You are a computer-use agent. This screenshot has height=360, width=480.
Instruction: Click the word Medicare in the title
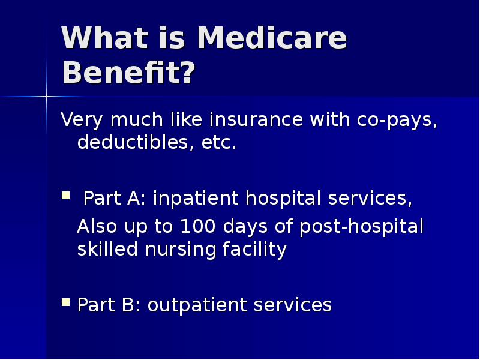click(271, 39)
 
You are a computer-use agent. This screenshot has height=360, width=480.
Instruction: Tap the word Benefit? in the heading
click(128, 74)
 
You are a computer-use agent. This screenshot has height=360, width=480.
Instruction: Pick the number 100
click(199, 227)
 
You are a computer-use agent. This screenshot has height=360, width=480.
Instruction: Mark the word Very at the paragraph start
click(80, 120)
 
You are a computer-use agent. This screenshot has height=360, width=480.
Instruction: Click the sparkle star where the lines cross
click(46, 96)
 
